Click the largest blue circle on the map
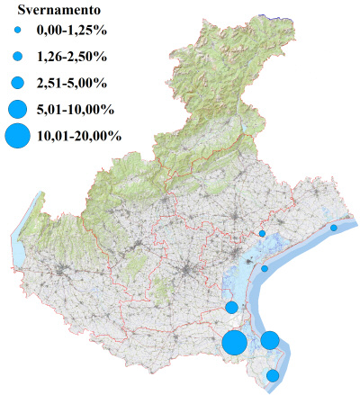236,343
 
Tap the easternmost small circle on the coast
334,228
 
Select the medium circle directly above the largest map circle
231,308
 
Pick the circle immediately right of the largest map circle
270,340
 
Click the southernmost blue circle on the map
273,375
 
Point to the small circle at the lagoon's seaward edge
265,268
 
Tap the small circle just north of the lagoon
262,233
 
